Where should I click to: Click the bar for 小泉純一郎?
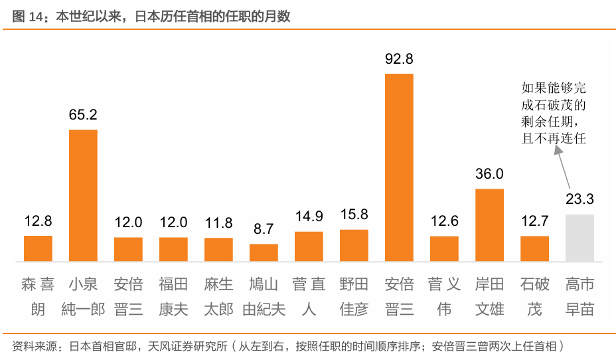pos(83,195)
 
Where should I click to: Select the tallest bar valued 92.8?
pos(399,167)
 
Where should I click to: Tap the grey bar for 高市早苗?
pos(579,237)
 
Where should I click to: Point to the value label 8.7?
pos(264,229)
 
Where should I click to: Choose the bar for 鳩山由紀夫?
pos(264,252)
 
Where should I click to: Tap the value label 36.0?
pos(489,174)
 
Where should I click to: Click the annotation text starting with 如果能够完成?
pos(554,114)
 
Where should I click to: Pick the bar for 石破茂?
pos(534,248)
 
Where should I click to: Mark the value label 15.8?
pos(354,215)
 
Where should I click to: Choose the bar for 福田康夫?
pos(173,248)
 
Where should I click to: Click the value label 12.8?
pos(38,221)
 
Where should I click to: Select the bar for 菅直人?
pos(309,246)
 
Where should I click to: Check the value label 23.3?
pos(579,199)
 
